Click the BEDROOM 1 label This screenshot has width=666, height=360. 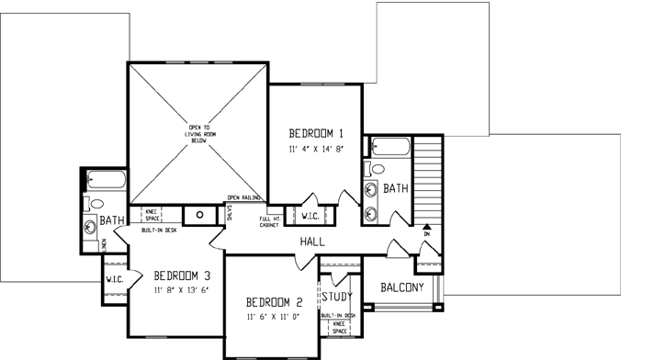[315, 130]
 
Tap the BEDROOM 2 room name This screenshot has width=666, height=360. [275, 302]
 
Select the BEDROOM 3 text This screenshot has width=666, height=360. [182, 276]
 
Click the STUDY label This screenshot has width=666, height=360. [336, 296]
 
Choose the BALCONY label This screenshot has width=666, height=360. [402, 287]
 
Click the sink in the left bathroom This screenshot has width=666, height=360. [92, 225]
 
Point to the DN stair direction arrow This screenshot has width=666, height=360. [426, 226]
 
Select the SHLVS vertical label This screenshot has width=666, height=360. [229, 213]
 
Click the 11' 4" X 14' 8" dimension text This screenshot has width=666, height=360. [315, 147]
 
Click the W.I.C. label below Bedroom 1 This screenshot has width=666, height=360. [310, 217]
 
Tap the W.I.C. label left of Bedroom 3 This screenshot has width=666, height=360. [114, 279]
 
